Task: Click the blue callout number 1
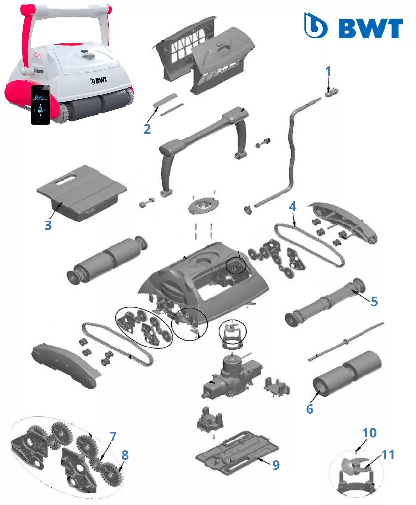pyautogui.click(x=328, y=71)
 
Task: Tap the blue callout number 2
pyautogui.click(x=147, y=129)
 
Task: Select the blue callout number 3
pyautogui.click(x=48, y=225)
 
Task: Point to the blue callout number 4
pyautogui.click(x=292, y=206)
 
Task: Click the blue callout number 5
pyautogui.click(x=374, y=301)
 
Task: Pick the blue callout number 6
pyautogui.click(x=309, y=409)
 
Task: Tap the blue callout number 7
pyautogui.click(x=113, y=436)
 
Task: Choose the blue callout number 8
pyautogui.click(x=125, y=455)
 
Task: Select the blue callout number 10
pyautogui.click(x=369, y=433)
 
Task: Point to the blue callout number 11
pyautogui.click(x=387, y=455)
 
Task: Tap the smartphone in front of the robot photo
pyautogui.click(x=40, y=105)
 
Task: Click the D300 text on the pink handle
pyautogui.click(x=37, y=55)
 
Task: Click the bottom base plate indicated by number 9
pyautogui.click(x=236, y=453)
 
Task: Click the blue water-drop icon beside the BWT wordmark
pyautogui.click(x=315, y=26)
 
